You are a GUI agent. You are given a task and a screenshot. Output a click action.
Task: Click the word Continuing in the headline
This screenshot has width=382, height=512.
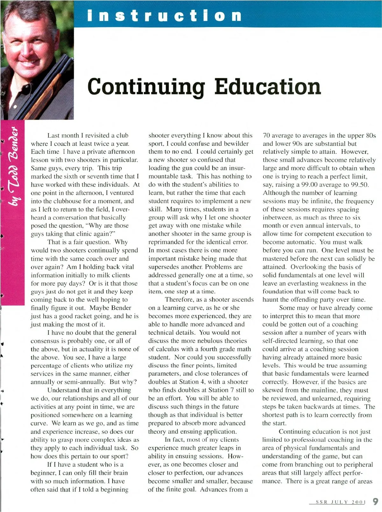click(146, 87)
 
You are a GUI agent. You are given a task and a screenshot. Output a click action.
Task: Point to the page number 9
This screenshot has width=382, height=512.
click(375, 501)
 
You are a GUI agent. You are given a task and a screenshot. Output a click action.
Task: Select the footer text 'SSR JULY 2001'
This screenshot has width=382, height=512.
click(340, 502)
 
